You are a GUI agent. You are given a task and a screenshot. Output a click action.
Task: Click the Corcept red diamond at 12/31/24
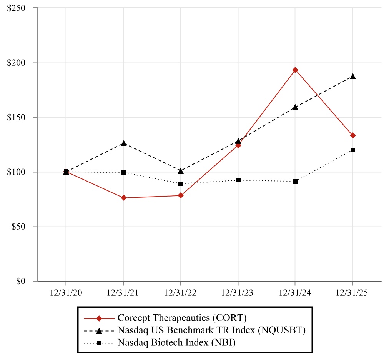[295, 70]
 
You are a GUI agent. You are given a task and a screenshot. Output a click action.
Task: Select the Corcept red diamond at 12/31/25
[353, 135]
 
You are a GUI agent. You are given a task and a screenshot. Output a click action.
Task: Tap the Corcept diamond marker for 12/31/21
[123, 198]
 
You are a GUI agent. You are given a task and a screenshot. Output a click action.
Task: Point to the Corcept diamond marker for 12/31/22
[181, 195]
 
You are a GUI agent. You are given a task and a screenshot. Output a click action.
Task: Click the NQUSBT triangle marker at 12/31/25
[353, 77]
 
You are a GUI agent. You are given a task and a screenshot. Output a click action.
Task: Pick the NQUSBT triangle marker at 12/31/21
[123, 143]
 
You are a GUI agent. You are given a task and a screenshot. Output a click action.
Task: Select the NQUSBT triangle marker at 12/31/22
[181, 171]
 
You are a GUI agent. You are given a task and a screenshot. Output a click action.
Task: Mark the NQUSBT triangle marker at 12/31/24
[295, 107]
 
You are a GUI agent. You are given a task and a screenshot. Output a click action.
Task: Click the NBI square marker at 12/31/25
[353, 150]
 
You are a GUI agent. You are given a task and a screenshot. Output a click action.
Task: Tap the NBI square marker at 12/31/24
[295, 181]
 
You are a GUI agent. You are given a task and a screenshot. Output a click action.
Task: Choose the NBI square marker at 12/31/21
[123, 172]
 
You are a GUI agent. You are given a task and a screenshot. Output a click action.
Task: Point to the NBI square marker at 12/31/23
[238, 180]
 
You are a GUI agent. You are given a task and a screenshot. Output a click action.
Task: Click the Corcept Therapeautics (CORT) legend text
[182, 318]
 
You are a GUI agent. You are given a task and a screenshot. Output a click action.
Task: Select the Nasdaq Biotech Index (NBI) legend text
[176, 342]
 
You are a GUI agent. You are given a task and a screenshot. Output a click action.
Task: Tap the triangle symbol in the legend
[99, 330]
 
